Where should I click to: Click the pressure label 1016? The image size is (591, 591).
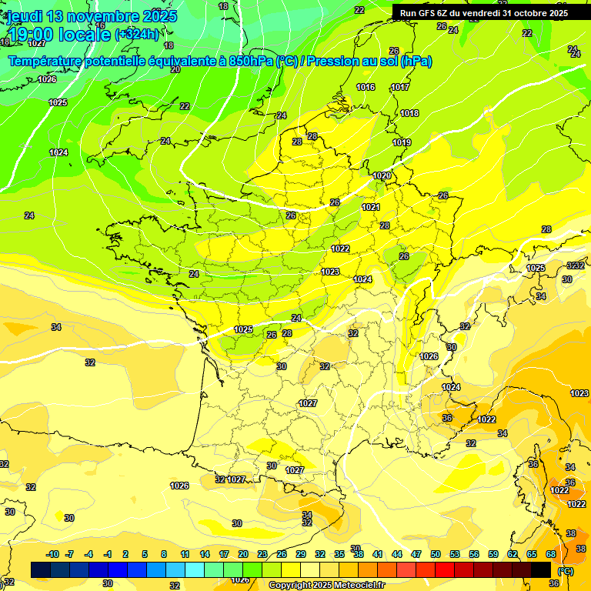coord(366,87)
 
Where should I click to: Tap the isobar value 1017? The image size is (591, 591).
coord(399,87)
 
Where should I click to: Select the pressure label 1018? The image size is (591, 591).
coord(409,113)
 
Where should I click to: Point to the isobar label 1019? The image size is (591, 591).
coord(402,142)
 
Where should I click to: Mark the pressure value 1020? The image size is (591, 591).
coord(382,175)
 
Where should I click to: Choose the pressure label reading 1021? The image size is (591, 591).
coord(371,207)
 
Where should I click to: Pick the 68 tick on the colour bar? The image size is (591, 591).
coord(550,554)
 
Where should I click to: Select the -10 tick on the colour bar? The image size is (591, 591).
coord(52,554)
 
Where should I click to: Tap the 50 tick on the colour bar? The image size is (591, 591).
coord(436,554)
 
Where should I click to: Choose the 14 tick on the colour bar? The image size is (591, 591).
coord(205,554)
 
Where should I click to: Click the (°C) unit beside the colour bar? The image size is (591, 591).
coord(566,570)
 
